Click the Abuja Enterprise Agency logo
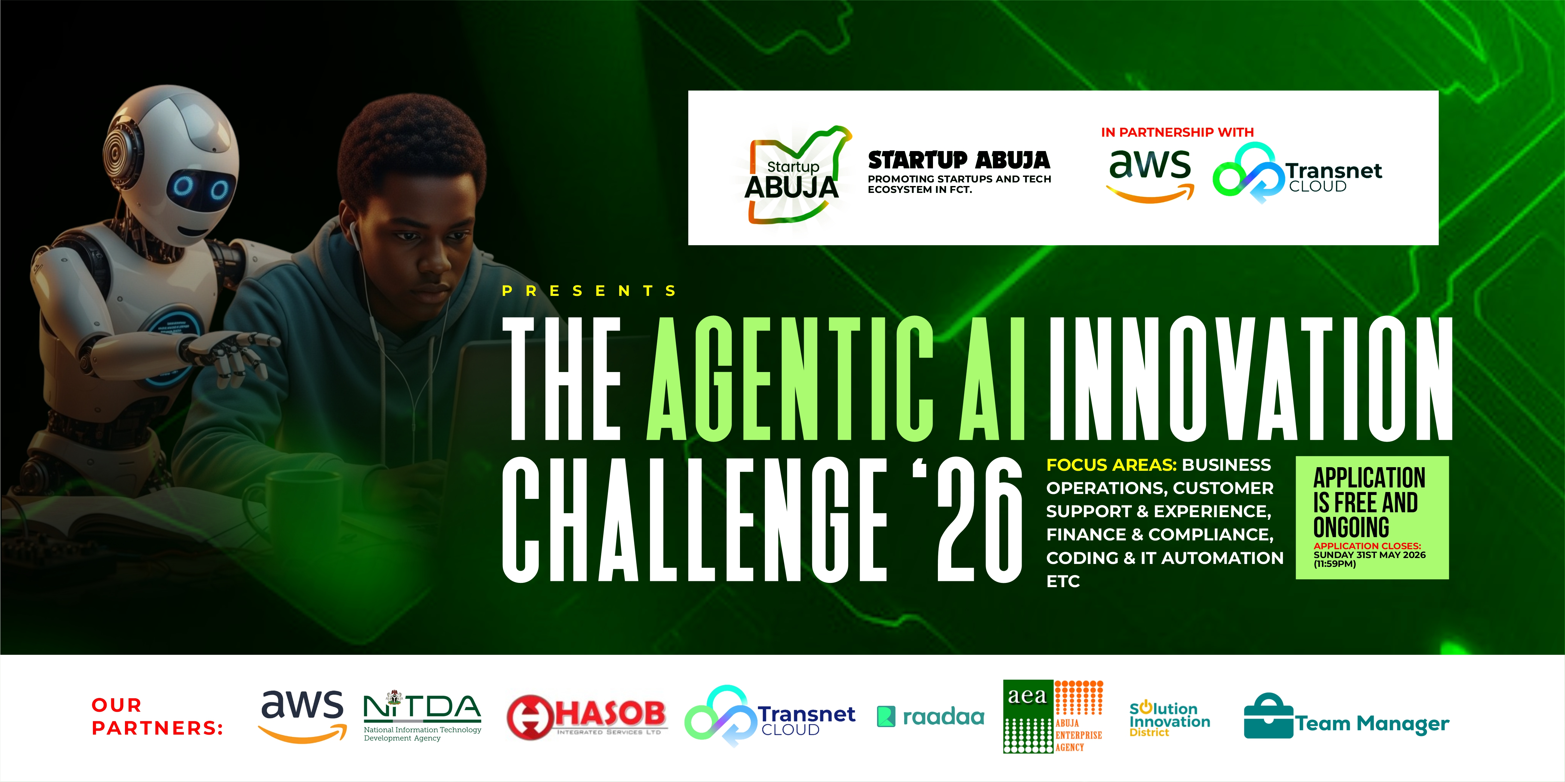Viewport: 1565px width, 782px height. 1053,716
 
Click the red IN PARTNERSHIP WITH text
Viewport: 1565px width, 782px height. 1177,132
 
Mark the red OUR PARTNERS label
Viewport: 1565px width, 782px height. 157,716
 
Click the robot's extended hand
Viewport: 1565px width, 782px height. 231,352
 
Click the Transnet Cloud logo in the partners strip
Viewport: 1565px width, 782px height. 770,716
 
